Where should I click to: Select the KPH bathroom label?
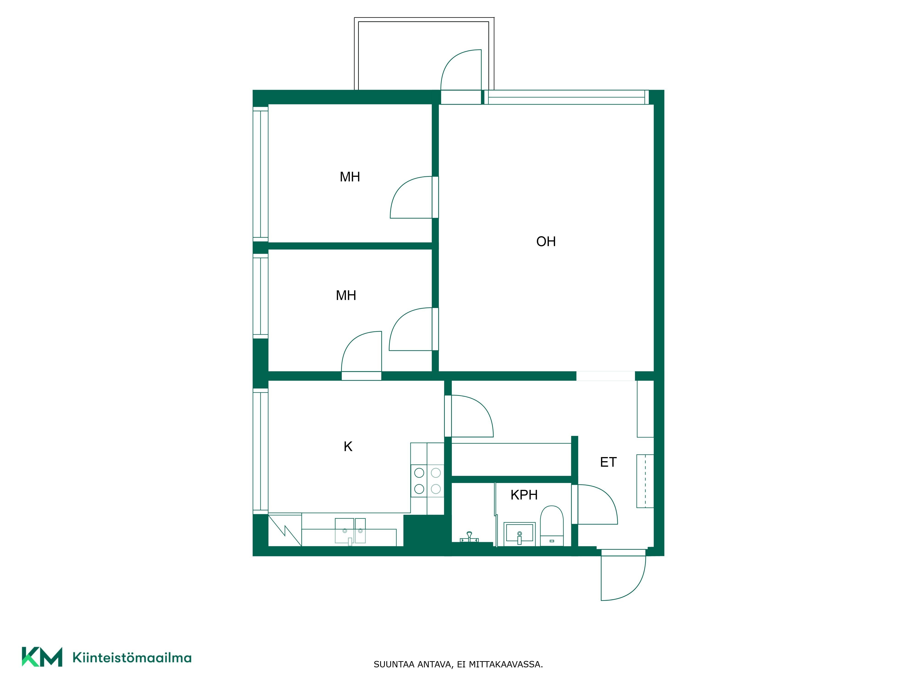tap(524, 495)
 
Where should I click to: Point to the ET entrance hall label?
tap(608, 462)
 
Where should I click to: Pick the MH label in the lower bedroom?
tap(346, 295)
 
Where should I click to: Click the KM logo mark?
tap(42, 657)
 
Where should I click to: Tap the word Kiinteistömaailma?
tap(132, 657)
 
